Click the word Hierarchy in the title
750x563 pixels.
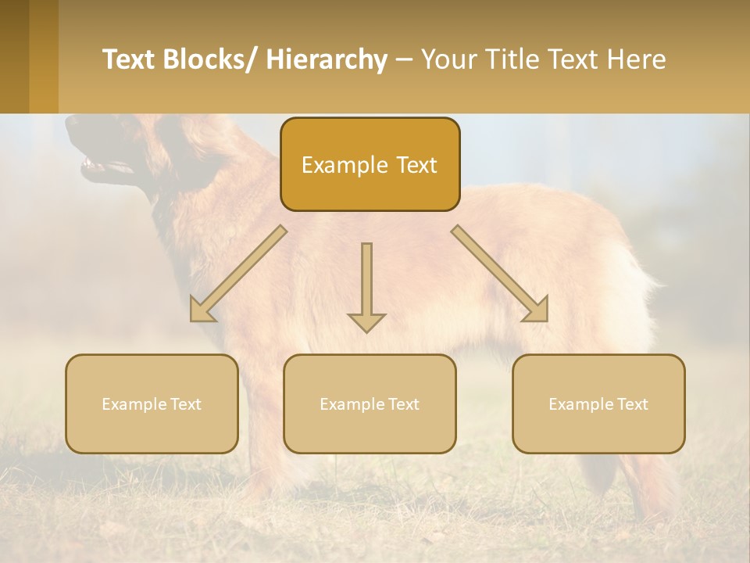(327, 59)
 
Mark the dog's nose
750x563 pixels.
(73, 123)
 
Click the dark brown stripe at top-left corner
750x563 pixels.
(14, 56)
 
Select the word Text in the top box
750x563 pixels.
(415, 165)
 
